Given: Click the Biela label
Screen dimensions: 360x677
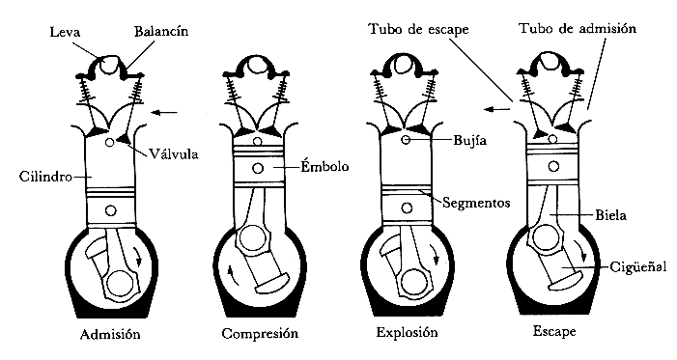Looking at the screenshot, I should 611,216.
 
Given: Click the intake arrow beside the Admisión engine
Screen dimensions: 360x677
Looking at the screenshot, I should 165,113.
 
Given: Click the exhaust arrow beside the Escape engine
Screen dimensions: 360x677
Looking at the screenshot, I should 499,108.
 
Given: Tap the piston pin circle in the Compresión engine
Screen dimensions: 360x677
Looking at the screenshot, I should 259,169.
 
